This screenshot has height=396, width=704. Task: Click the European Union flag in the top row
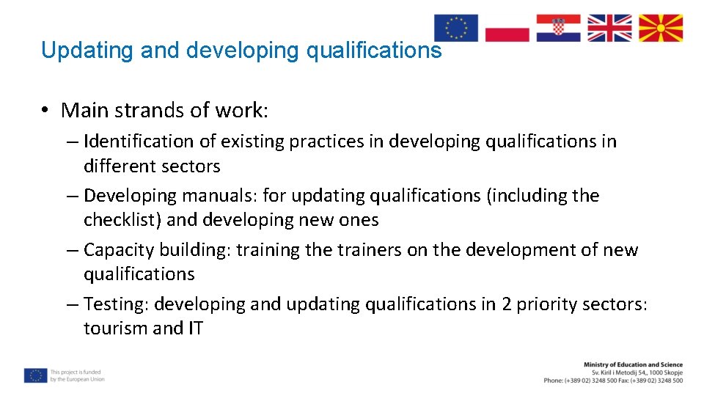click(455, 28)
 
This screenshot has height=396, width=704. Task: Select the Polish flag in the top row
click(507, 28)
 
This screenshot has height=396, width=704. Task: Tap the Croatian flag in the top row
click(558, 28)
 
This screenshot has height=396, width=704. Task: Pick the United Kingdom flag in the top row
click(609, 28)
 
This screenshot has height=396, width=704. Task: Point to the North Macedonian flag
click(661, 28)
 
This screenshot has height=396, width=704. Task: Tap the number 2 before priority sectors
click(506, 304)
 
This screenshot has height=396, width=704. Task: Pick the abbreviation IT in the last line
click(195, 328)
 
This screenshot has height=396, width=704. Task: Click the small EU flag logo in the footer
click(34, 375)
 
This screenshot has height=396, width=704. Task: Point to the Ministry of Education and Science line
click(633, 364)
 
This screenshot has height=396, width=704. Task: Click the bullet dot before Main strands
click(45, 111)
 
